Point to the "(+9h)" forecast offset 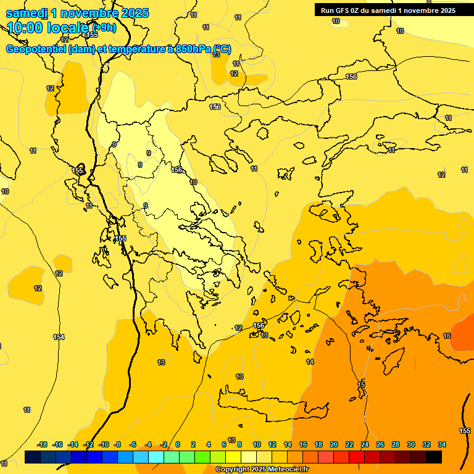click(x=103, y=28)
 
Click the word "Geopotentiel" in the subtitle click(x=36, y=49)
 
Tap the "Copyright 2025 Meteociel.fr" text click(x=262, y=469)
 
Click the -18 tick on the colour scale click(x=42, y=444)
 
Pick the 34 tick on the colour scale click(x=441, y=444)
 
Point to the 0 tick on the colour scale click(x=178, y=444)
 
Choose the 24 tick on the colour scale click(x=365, y=444)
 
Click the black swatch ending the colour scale click(x=433, y=457)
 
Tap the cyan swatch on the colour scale click(x=156, y=457)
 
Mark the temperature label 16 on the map click(x=447, y=336)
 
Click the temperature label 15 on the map click(x=361, y=385)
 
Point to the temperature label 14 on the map click(x=310, y=362)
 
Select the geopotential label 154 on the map click(x=59, y=337)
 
